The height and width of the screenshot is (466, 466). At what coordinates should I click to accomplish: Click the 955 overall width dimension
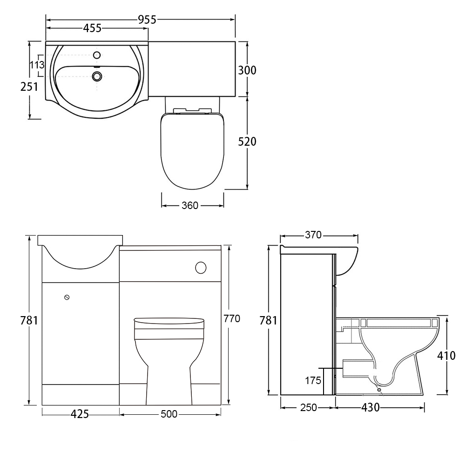(x=147, y=20)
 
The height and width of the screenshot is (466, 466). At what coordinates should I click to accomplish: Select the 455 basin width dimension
(x=92, y=28)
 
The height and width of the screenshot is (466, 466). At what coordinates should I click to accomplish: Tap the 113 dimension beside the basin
(x=37, y=65)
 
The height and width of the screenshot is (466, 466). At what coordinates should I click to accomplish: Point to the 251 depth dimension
(x=29, y=87)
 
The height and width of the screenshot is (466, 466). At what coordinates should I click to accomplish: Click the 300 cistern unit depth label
(x=247, y=70)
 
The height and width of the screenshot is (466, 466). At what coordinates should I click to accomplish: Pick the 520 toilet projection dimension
(x=247, y=142)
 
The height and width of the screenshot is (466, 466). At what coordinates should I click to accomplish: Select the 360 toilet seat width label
(x=190, y=205)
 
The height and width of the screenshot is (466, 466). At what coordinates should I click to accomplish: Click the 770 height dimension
(x=232, y=318)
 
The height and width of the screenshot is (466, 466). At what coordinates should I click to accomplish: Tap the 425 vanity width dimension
(x=80, y=414)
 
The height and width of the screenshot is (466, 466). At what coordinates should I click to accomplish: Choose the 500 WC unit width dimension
(x=169, y=414)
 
